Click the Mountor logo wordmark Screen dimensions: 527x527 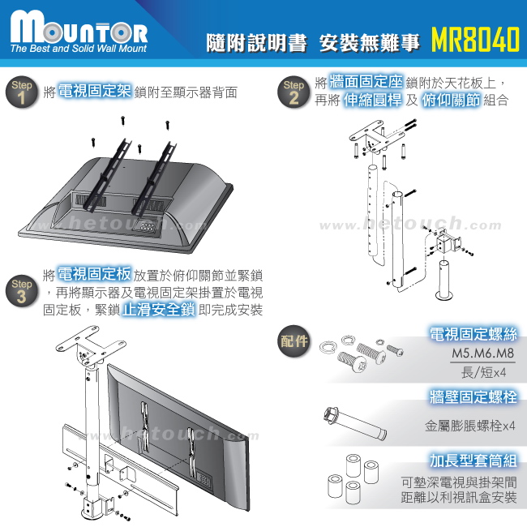click(79, 30)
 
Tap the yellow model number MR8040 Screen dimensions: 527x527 click(473, 41)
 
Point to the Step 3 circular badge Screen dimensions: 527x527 click(23, 290)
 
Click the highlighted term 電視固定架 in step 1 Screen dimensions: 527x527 click(96, 91)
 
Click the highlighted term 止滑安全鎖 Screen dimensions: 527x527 click(156, 309)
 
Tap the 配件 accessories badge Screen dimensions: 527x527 click(294, 340)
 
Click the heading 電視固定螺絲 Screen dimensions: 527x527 click(474, 333)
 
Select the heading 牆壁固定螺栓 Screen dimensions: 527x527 click(474, 397)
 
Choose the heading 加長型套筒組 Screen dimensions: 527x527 click(474, 461)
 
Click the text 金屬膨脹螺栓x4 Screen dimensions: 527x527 click(470, 425)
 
